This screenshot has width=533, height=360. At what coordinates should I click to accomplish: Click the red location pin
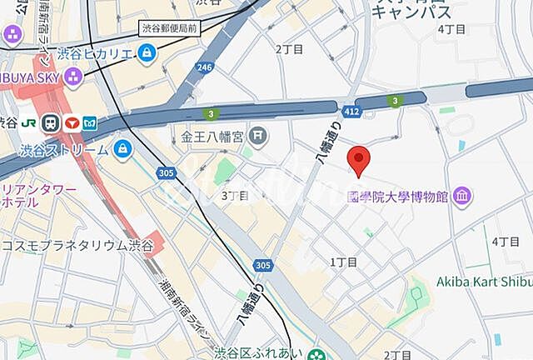coord(359,159)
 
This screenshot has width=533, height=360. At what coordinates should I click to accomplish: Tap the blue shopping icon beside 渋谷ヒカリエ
coord(147,53)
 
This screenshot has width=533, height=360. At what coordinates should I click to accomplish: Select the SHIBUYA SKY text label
coord(28,77)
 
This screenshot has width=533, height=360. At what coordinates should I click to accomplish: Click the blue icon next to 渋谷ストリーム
coord(123,150)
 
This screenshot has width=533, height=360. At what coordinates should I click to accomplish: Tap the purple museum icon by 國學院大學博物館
coord(464,197)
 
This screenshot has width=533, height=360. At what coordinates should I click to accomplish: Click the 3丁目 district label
coord(235,196)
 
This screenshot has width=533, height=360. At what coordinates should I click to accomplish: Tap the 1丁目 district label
coord(343,262)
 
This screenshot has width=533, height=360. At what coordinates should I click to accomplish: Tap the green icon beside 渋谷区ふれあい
coord(316,352)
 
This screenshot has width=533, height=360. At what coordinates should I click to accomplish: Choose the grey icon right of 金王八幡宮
coord(258,133)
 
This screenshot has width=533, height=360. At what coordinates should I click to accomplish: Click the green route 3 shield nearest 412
coord(393,101)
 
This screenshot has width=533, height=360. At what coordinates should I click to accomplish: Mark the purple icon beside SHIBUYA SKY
coord(72,77)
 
